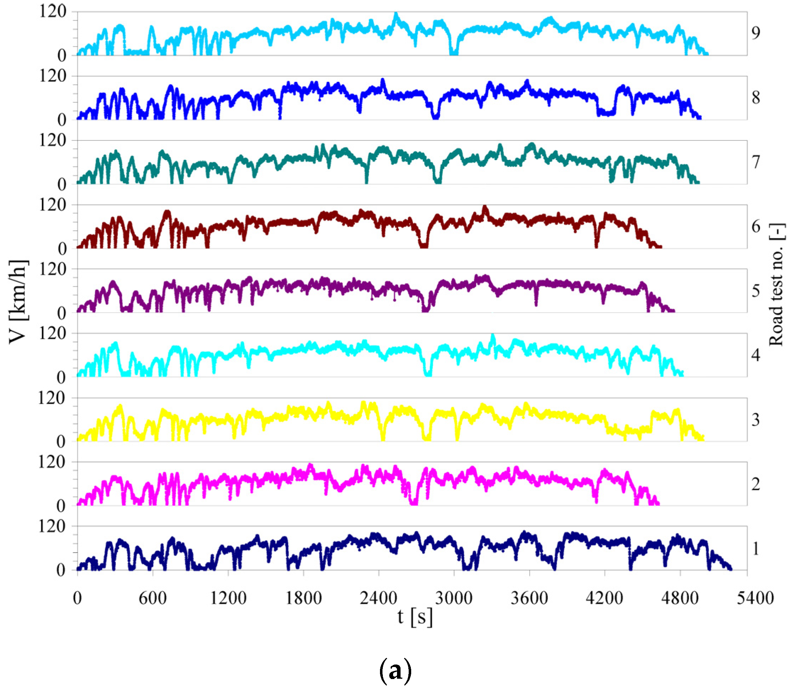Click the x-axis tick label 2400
pyautogui.click(x=378, y=598)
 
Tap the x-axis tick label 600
pyautogui.click(x=152, y=598)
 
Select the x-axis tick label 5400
pyautogui.click(x=755, y=598)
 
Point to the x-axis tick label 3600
pyautogui.click(x=529, y=598)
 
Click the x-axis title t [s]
pyautogui.click(x=414, y=617)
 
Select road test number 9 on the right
pyautogui.click(x=755, y=33)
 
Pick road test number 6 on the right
pyautogui.click(x=755, y=226)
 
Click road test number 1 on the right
pyautogui.click(x=755, y=548)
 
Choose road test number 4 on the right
pyautogui.click(x=755, y=355)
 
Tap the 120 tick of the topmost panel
pyautogui.click(x=53, y=11)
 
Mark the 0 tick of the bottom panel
pyautogui.click(x=61, y=570)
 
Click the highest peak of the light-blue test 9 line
pyautogui.click(x=396, y=15)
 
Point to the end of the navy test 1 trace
pyautogui.click(x=731, y=568)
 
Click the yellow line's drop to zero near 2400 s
pyautogui.click(x=383, y=439)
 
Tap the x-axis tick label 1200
pyautogui.click(x=228, y=598)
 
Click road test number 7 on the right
pyautogui.click(x=755, y=162)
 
